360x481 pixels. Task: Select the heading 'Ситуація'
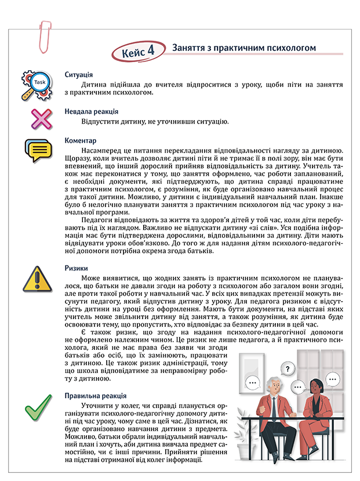click(79, 75)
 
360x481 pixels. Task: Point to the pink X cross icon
click(41, 118)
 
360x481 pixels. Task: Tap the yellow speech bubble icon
click(38, 151)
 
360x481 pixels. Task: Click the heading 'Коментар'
click(81, 141)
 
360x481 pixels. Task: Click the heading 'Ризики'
click(77, 269)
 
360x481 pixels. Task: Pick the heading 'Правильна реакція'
click(94, 396)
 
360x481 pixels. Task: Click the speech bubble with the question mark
click(288, 368)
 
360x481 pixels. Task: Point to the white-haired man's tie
click(273, 406)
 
